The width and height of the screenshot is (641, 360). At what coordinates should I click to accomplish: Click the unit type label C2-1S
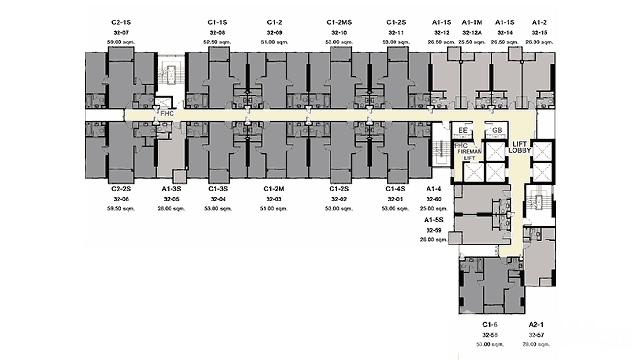(122, 22)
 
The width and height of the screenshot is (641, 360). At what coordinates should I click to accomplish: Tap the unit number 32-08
(217, 32)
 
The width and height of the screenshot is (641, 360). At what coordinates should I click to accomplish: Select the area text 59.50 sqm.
(122, 208)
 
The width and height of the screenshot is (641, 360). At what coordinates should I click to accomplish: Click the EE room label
(462, 130)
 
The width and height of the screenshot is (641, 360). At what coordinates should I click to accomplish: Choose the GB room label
(497, 130)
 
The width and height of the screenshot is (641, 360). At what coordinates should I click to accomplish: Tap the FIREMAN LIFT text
(470, 154)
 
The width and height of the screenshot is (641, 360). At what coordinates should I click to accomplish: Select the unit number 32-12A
(472, 32)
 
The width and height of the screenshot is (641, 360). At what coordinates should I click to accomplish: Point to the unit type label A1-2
(539, 22)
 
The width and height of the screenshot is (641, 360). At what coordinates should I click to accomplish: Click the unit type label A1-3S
(171, 189)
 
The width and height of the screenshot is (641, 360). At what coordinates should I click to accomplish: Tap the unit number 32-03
(274, 199)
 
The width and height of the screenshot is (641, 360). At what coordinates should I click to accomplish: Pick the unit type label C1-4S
(396, 189)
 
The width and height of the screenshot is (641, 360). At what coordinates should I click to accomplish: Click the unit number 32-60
(434, 199)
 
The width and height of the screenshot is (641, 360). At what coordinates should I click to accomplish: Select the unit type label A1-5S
(434, 220)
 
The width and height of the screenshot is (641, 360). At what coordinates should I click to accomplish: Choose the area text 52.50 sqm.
(217, 42)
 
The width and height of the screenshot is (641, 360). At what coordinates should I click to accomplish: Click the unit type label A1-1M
(472, 22)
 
